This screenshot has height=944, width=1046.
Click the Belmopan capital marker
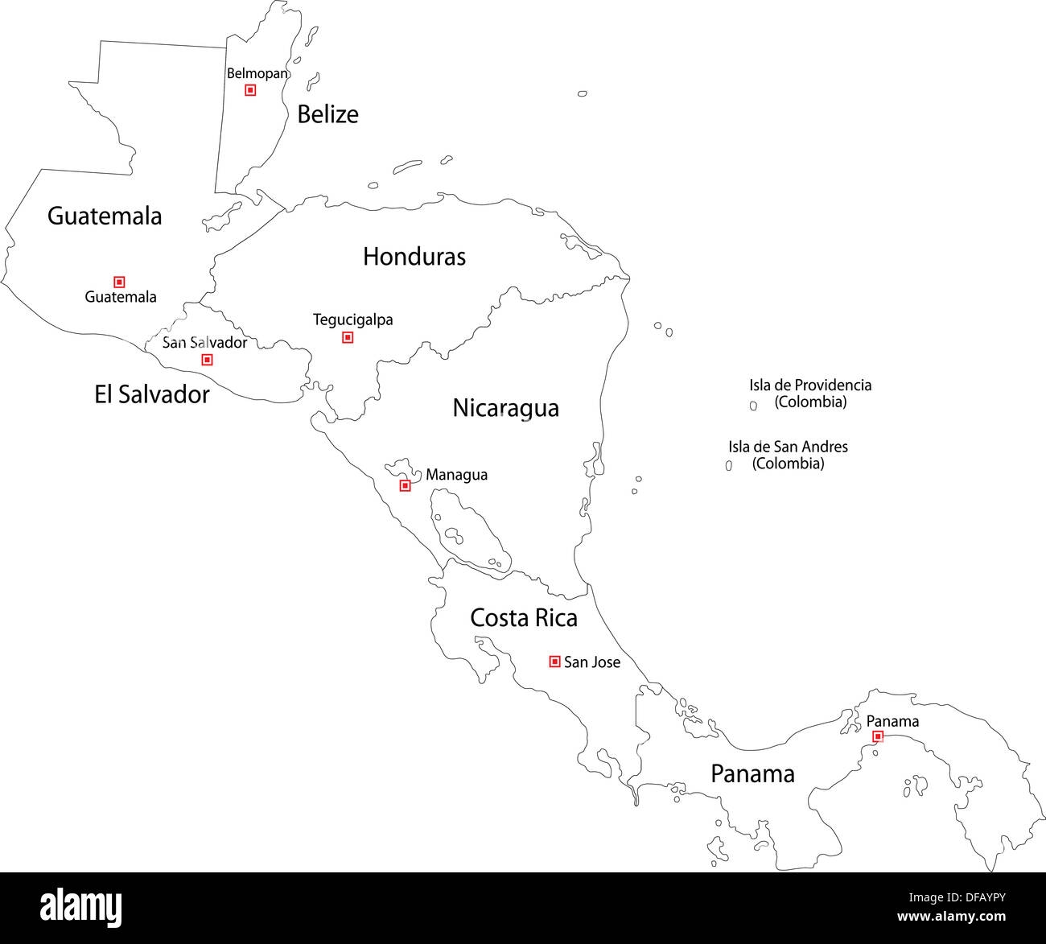coord(250,90)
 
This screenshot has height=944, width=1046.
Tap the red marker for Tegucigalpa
coord(348,337)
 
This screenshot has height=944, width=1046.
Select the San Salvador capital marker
coord(207,360)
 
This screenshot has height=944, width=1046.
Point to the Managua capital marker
coord(406,485)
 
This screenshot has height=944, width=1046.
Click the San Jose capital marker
coord(554,662)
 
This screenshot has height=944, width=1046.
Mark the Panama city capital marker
coord(878,736)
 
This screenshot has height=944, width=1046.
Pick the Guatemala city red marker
coord(119,282)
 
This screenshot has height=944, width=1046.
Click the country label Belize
coord(327,114)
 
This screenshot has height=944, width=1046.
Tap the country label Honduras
coord(414,257)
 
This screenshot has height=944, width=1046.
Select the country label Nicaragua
coord(505,408)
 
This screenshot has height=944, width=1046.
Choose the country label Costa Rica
coord(523,618)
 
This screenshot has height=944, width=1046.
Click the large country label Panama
coord(752,774)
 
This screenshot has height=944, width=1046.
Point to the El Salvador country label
coord(151,394)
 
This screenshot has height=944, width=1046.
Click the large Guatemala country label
coord(105,216)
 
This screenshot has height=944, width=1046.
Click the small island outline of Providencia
coord(753,406)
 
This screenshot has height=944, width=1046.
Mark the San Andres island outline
coord(729,465)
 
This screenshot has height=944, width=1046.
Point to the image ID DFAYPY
coord(977,897)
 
